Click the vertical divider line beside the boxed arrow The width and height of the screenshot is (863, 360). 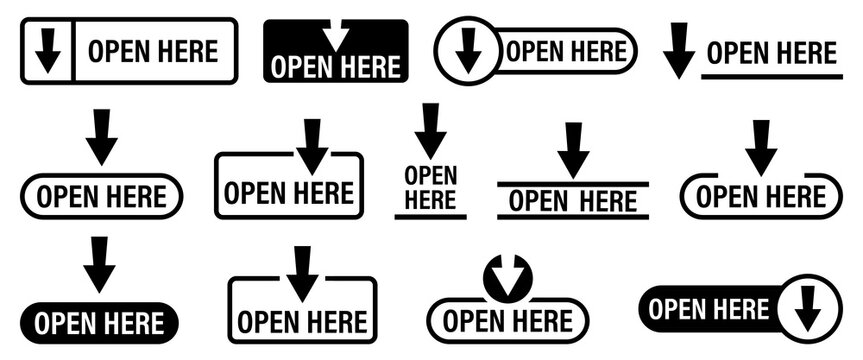(x=74, y=51)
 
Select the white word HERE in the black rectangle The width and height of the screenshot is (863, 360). (x=371, y=67)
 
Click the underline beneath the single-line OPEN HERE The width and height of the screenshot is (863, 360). (x=771, y=75)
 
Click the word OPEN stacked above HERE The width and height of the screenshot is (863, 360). (x=430, y=176)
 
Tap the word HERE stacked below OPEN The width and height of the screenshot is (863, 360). (x=430, y=199)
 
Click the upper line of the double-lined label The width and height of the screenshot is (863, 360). (x=573, y=184)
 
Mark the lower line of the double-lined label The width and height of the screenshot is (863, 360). (x=573, y=216)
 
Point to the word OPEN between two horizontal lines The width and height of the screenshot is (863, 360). (x=538, y=201)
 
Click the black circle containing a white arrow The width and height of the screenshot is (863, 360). (x=507, y=277)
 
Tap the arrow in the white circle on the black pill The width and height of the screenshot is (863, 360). (x=807, y=309)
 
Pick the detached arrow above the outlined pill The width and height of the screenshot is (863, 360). (x=101, y=137)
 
